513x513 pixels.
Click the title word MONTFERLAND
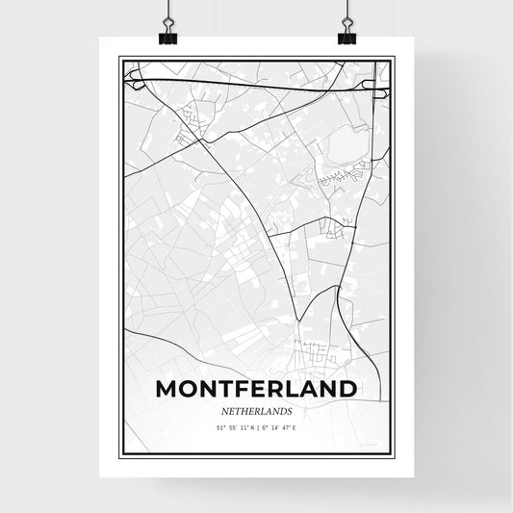[x=256, y=390]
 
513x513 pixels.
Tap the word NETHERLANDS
[x=256, y=409]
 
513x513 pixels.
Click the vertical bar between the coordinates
[x=257, y=425]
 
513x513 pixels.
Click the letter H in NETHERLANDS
[x=247, y=409]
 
